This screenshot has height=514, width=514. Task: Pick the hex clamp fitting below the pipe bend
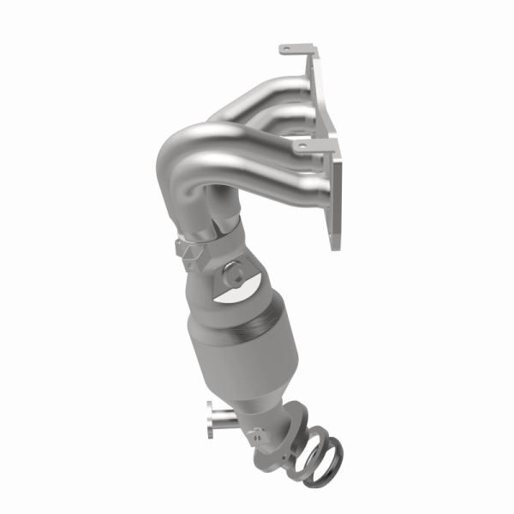pyautogui.click(x=188, y=251)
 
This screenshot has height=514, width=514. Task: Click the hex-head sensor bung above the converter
pyautogui.click(x=234, y=277)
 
